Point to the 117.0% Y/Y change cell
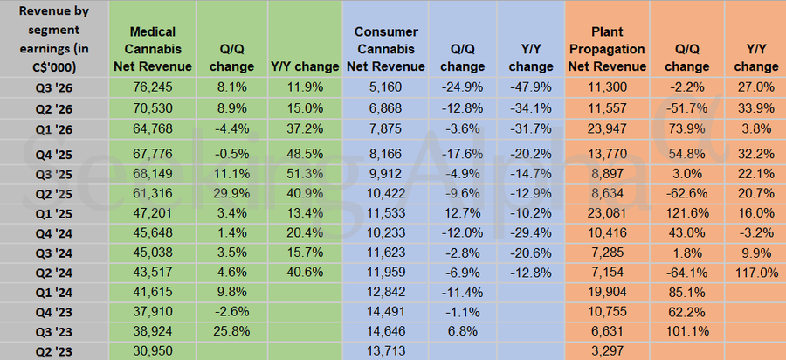point(756,273)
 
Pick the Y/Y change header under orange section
point(756,57)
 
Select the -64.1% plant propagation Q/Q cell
point(686,273)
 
